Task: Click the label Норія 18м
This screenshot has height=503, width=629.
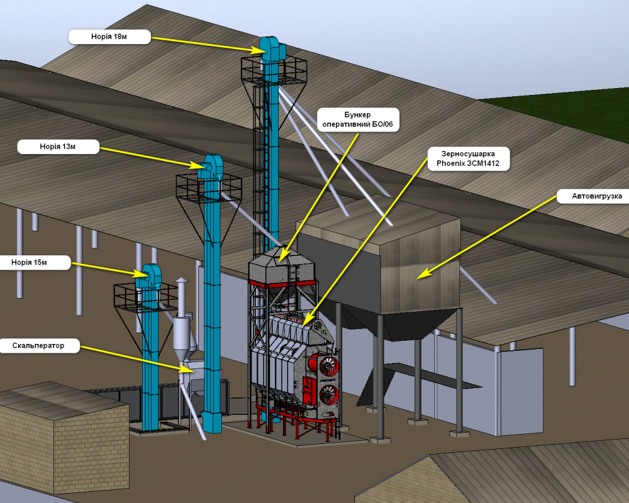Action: pos(109,36)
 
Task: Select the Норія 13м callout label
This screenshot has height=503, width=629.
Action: pos(58,146)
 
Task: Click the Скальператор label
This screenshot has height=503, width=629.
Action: pos(38,345)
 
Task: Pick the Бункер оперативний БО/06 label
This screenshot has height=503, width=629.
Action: pos(359,119)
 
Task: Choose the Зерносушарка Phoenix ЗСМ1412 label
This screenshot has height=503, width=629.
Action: pos(468,158)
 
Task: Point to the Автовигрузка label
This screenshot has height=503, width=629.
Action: pos(593,196)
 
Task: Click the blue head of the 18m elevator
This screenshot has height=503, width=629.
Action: pos(271,50)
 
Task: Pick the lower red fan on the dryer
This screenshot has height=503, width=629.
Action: pos(329,395)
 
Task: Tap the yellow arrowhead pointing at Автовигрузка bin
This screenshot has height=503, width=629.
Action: pos(423,274)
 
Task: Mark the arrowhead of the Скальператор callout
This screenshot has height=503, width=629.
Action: pos(187,368)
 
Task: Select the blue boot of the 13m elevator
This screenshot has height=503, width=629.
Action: pos(211,423)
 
